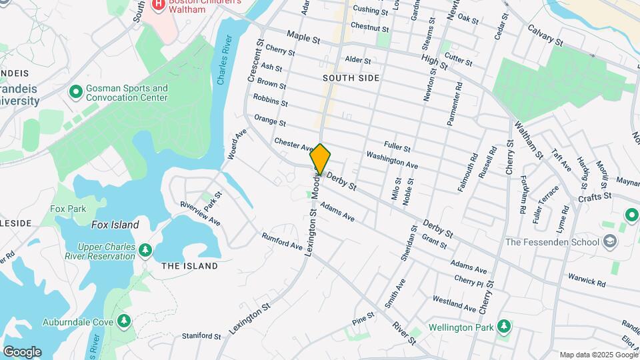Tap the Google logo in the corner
(22, 351)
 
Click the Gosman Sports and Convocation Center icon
(75, 91)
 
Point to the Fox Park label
(68, 209)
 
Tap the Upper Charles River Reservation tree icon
(145, 251)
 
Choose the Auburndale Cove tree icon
(123, 322)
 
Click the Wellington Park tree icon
(505, 327)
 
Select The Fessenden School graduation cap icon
(608, 242)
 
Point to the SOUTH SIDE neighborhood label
(351, 78)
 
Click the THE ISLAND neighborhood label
(189, 266)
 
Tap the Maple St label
(303, 37)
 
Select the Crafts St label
(595, 197)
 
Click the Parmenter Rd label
(458, 103)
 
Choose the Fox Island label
(115, 225)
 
